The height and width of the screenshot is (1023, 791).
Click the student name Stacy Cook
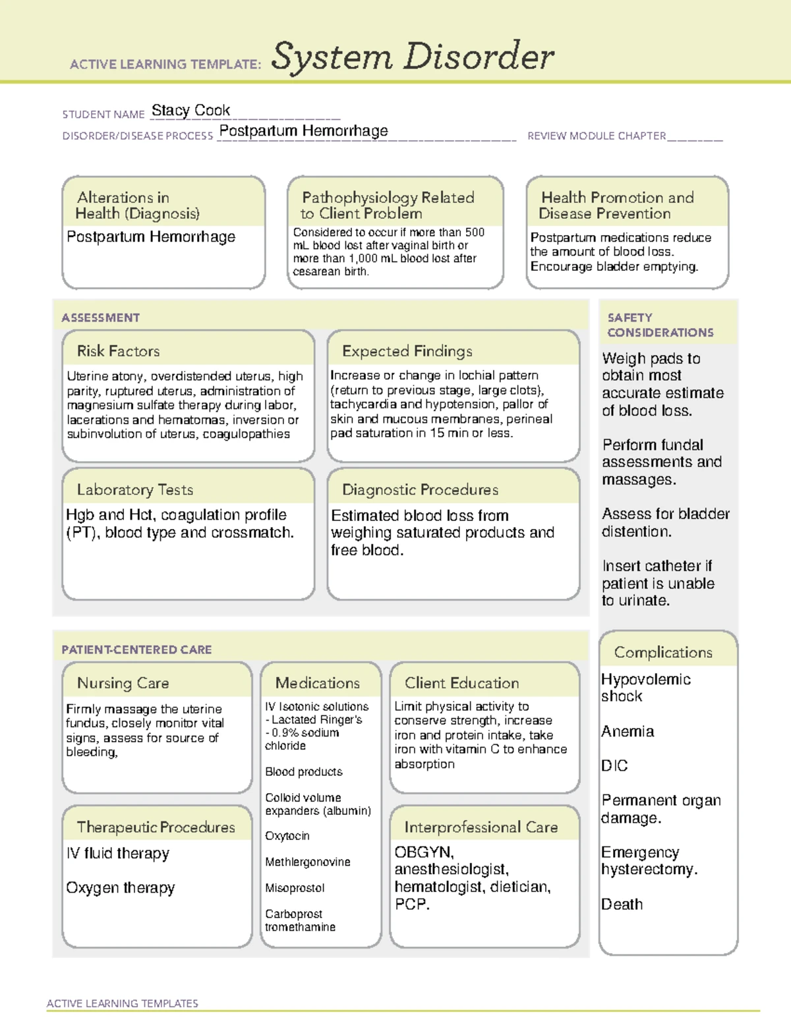pos(190,111)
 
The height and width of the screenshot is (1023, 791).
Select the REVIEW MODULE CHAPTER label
pos(596,136)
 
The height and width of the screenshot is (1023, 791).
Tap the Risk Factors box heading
pos(118,351)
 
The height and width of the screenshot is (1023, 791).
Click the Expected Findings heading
pos(407,351)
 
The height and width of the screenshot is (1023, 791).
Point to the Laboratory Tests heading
pos(134,489)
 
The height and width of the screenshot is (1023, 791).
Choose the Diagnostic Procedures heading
pos(420,489)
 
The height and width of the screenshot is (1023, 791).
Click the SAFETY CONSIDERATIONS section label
pos(660,325)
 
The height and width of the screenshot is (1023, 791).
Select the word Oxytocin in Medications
pos(287,835)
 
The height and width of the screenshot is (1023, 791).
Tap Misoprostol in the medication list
pos(295,888)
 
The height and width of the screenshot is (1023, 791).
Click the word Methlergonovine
pos(307,862)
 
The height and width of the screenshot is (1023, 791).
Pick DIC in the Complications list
pos(614,765)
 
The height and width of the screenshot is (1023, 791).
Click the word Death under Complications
pos(622,904)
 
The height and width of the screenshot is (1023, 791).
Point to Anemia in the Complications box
pos(628,731)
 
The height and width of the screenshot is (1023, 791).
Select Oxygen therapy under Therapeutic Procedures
pos(120,888)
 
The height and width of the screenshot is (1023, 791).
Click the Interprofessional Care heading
pos(481,827)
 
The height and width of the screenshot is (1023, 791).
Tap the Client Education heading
pos(461,683)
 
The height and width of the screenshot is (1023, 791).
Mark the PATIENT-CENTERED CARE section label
pos(136,650)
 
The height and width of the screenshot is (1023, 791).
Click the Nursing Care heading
pos(123,683)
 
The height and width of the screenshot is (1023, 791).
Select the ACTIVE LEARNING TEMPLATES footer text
pos(122,1003)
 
